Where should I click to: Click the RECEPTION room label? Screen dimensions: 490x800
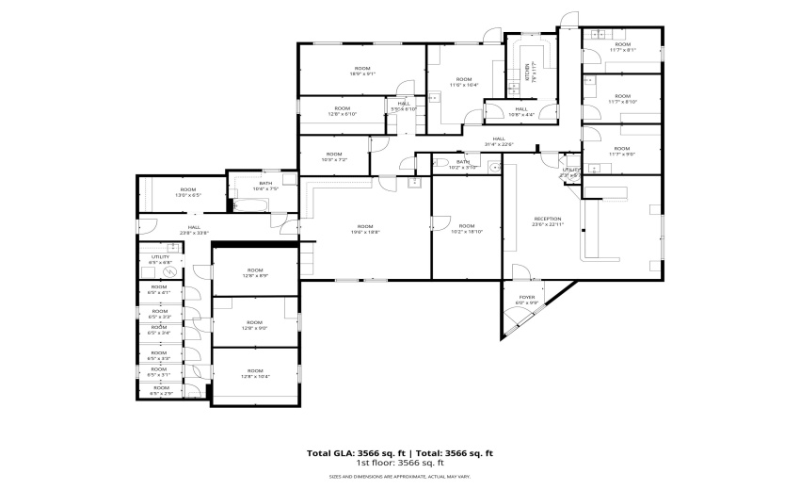(x=547, y=220)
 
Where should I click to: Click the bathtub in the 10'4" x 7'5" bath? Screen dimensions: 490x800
(x=251, y=203)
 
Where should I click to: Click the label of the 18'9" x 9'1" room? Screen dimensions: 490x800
(x=363, y=70)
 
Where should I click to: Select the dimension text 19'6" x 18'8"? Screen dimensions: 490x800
(x=365, y=232)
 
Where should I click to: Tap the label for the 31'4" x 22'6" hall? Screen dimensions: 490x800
(x=499, y=141)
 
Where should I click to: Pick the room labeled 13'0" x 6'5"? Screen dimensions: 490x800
(x=188, y=192)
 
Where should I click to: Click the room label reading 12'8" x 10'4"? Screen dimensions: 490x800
(x=255, y=373)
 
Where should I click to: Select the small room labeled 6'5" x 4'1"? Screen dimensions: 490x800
(x=159, y=290)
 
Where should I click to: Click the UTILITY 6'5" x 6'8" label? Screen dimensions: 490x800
(x=159, y=259)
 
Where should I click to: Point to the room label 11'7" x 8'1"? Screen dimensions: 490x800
(x=622, y=47)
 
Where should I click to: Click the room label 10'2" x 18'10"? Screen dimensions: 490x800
(x=467, y=228)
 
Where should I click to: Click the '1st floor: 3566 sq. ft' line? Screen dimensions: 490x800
(x=399, y=463)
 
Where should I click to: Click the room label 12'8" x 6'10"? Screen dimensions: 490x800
(x=342, y=112)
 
